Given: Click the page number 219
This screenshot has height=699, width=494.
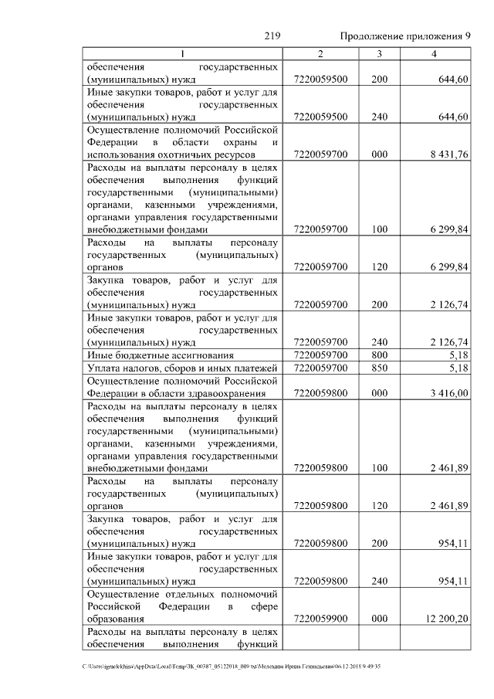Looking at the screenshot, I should [272, 36].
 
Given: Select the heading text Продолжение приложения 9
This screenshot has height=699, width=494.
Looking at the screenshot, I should [405, 36].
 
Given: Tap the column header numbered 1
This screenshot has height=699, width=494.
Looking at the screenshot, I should [183, 54].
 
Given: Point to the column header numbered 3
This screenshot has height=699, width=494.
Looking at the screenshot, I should [379, 54].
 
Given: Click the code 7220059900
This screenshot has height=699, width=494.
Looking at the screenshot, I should [321, 619].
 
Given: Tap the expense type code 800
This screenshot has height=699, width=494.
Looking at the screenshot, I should [379, 355].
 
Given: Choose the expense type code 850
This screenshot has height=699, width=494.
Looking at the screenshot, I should [379, 368].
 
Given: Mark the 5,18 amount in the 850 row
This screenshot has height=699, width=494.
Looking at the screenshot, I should [458, 368].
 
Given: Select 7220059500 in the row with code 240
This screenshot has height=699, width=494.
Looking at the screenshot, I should [321, 117].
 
